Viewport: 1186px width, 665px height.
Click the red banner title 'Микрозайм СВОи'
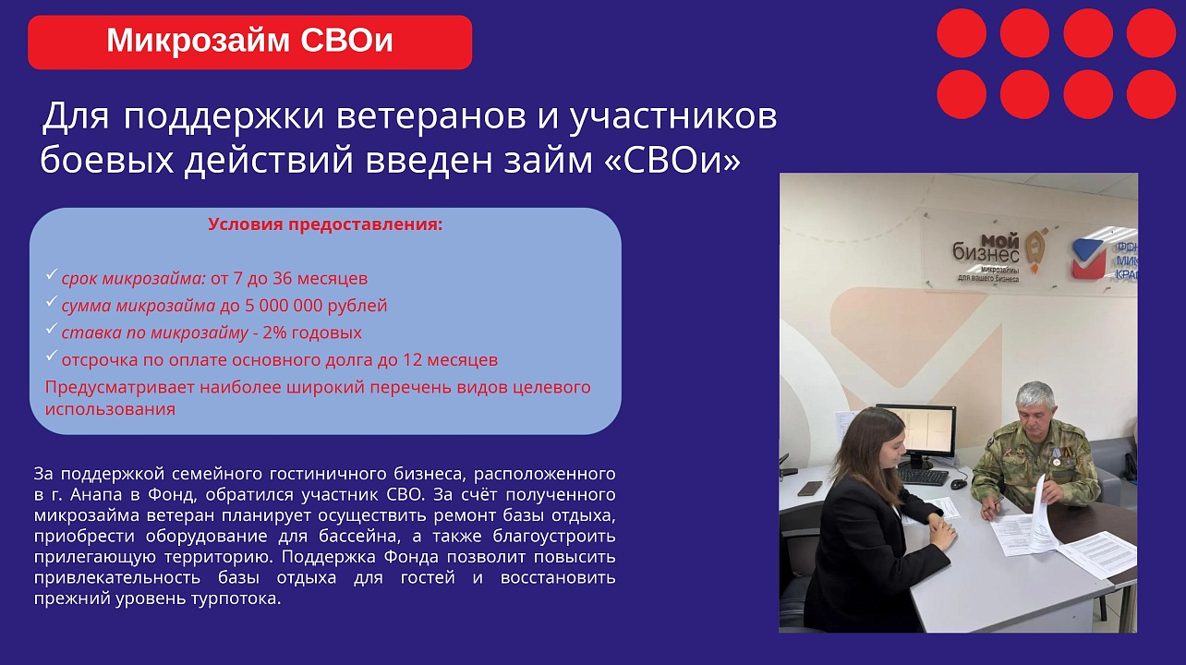point(249,42)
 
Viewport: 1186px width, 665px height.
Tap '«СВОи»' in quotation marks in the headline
point(672,160)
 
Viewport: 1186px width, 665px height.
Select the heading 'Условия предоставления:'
point(325,224)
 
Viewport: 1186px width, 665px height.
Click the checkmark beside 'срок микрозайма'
point(52,275)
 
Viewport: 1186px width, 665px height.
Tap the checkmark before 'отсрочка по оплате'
point(52,357)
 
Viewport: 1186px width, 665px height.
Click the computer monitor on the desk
point(915,431)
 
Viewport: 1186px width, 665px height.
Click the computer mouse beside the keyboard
point(959,483)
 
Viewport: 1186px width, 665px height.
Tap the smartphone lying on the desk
point(809,488)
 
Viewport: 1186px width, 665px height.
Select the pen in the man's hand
point(994,502)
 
